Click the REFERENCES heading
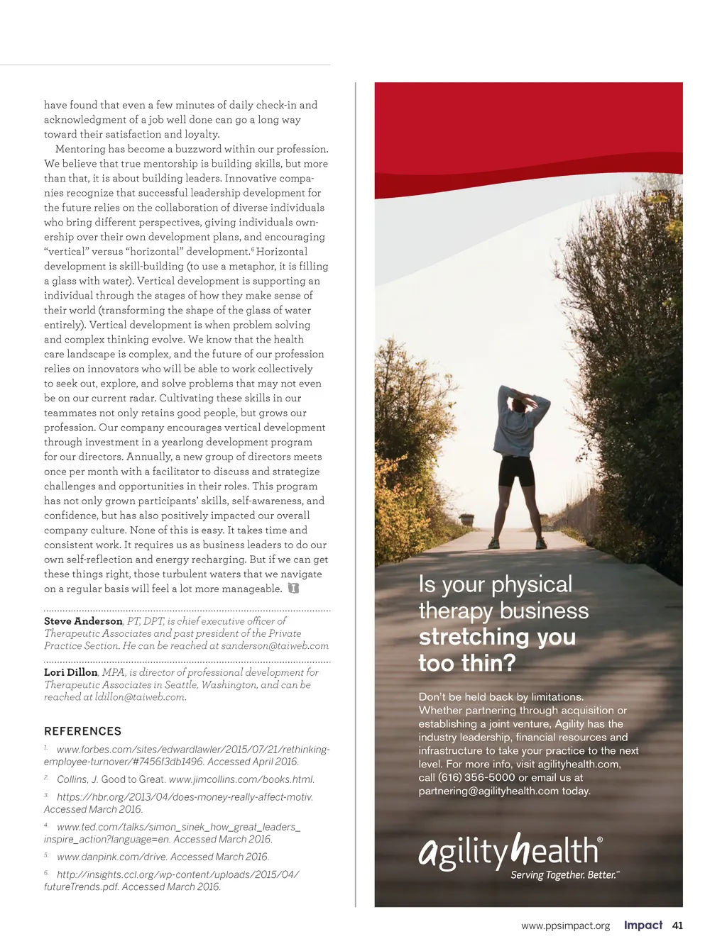(82, 731)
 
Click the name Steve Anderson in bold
(83, 621)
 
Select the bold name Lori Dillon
(71, 672)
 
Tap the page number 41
(677, 925)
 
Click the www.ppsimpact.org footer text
(565, 926)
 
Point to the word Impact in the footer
(643, 925)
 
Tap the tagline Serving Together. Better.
(564, 875)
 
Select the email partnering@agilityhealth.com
(488, 791)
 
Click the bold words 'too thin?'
(466, 663)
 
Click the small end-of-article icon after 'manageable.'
(293, 589)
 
